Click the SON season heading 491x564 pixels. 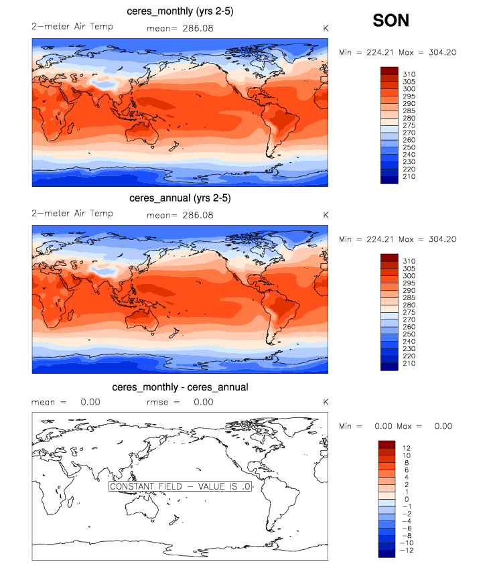[x=391, y=21]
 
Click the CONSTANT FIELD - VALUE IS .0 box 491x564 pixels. [x=180, y=487]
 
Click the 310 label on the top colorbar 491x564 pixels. [x=408, y=72]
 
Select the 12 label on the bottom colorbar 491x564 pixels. [x=407, y=446]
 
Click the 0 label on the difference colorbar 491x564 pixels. [x=407, y=499]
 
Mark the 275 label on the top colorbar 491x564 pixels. [x=408, y=125]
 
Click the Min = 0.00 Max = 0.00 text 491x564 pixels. [x=395, y=426]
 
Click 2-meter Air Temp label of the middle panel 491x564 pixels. [x=72, y=214]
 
